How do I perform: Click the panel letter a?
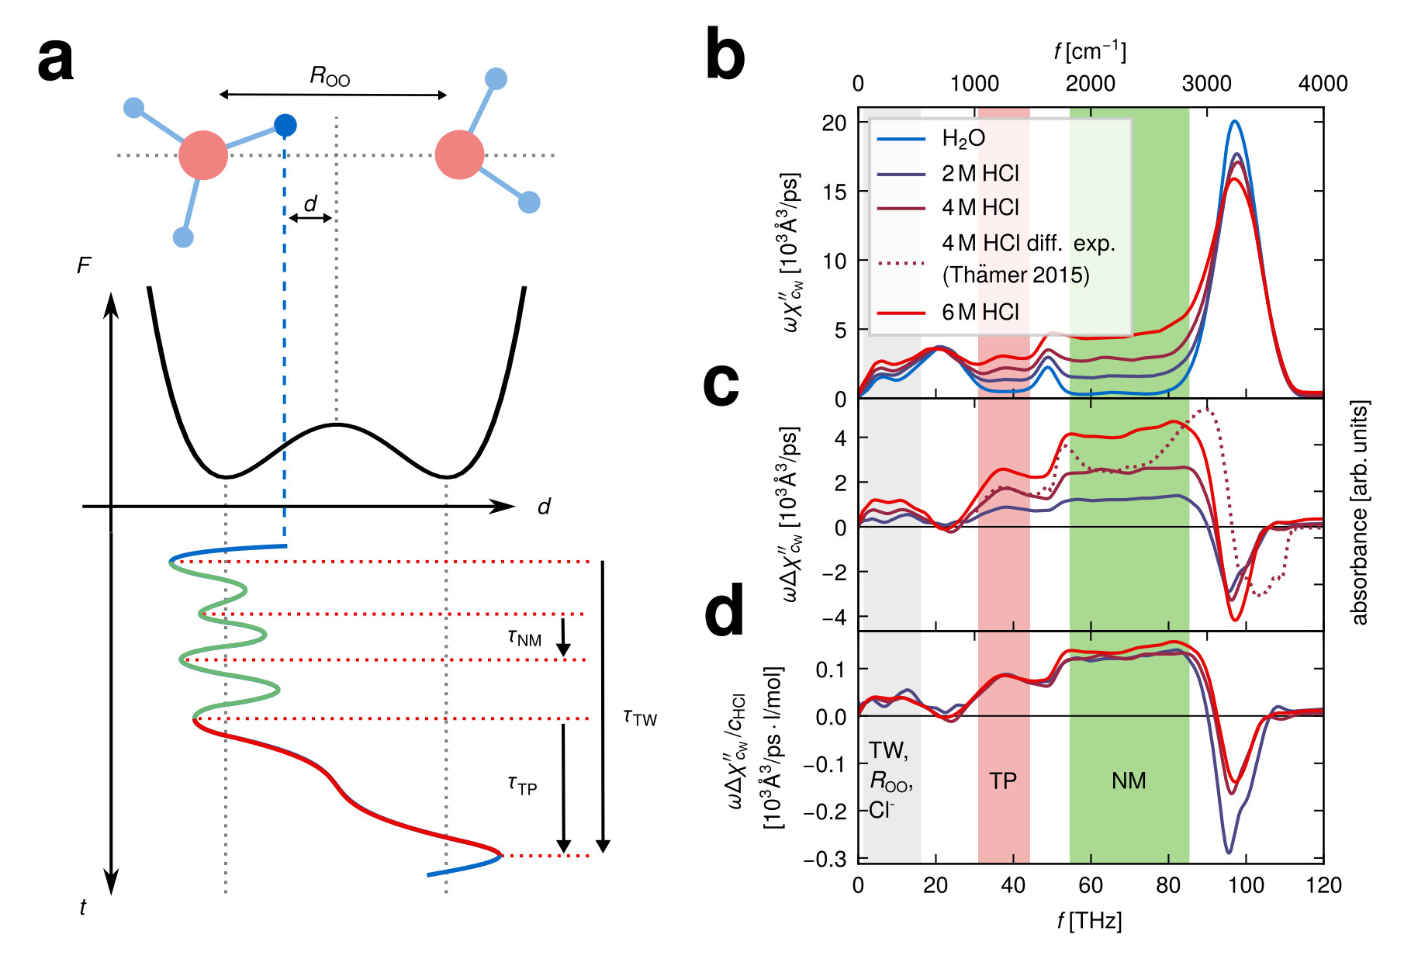pos(56,61)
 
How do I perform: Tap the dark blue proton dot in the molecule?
pos(285,124)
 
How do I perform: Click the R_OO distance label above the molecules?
pos(330,76)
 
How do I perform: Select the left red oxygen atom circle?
pos(203,155)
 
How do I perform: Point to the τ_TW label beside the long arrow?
pos(640,718)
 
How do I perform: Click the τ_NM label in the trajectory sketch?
pos(524,638)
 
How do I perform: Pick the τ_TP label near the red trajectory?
pos(523,786)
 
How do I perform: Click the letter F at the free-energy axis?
pos(84,266)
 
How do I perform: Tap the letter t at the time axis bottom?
pos(83,906)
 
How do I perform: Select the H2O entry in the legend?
pos(963,139)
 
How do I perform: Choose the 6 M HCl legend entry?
pos(980,312)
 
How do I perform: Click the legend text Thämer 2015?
pos(1015,275)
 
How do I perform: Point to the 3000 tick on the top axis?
pos(1206,84)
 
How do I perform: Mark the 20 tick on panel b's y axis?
pos(835,123)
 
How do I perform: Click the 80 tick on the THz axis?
pos(1168,885)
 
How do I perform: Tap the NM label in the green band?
pos(1129,780)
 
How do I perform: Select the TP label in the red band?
pos(1003,780)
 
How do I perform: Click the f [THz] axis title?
pos(1089,921)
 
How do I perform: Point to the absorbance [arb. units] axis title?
pos(1360,512)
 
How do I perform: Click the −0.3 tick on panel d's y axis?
pos(830,859)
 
